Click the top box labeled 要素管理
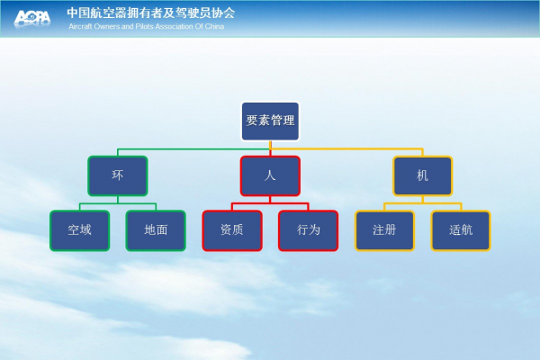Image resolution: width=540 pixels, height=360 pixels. click(270, 121)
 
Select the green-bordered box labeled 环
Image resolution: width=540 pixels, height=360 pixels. click(118, 175)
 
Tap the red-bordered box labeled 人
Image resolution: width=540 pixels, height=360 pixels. click(270, 175)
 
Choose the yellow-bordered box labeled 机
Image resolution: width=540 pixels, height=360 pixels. click(423, 175)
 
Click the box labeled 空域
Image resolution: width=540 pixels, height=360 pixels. click(79, 230)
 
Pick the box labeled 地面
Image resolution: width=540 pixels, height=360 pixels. click(156, 230)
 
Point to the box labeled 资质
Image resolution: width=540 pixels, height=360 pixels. click(232, 230)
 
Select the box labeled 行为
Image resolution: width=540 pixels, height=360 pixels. click(308, 230)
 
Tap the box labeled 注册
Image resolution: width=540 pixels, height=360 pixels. click(384, 230)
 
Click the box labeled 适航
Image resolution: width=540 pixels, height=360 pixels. click(461, 230)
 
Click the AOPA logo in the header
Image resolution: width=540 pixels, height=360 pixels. click(32, 18)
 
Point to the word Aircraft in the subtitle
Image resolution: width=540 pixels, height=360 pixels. click(80, 26)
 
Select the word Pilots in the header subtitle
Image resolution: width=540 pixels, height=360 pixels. click(144, 26)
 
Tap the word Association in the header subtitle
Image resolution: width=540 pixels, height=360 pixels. click(174, 26)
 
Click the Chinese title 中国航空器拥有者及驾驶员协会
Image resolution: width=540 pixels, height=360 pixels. click(151, 13)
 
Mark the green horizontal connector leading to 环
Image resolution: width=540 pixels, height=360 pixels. click(193, 149)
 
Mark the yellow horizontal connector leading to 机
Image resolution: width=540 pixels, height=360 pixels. click(347, 149)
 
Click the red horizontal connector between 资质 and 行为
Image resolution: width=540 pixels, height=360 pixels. click(270, 203)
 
